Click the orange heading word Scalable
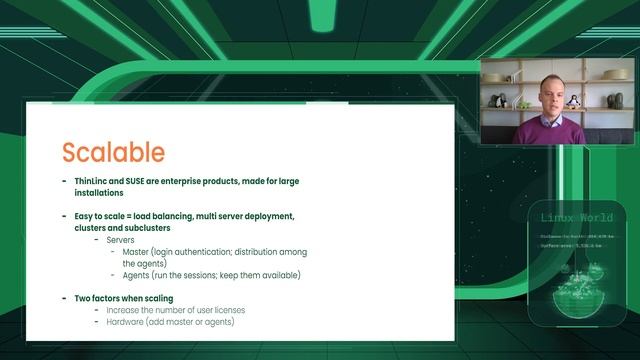tap(113, 152)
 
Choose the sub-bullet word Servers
tap(123, 240)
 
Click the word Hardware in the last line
tap(130, 321)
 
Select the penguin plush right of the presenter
tap(573, 101)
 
